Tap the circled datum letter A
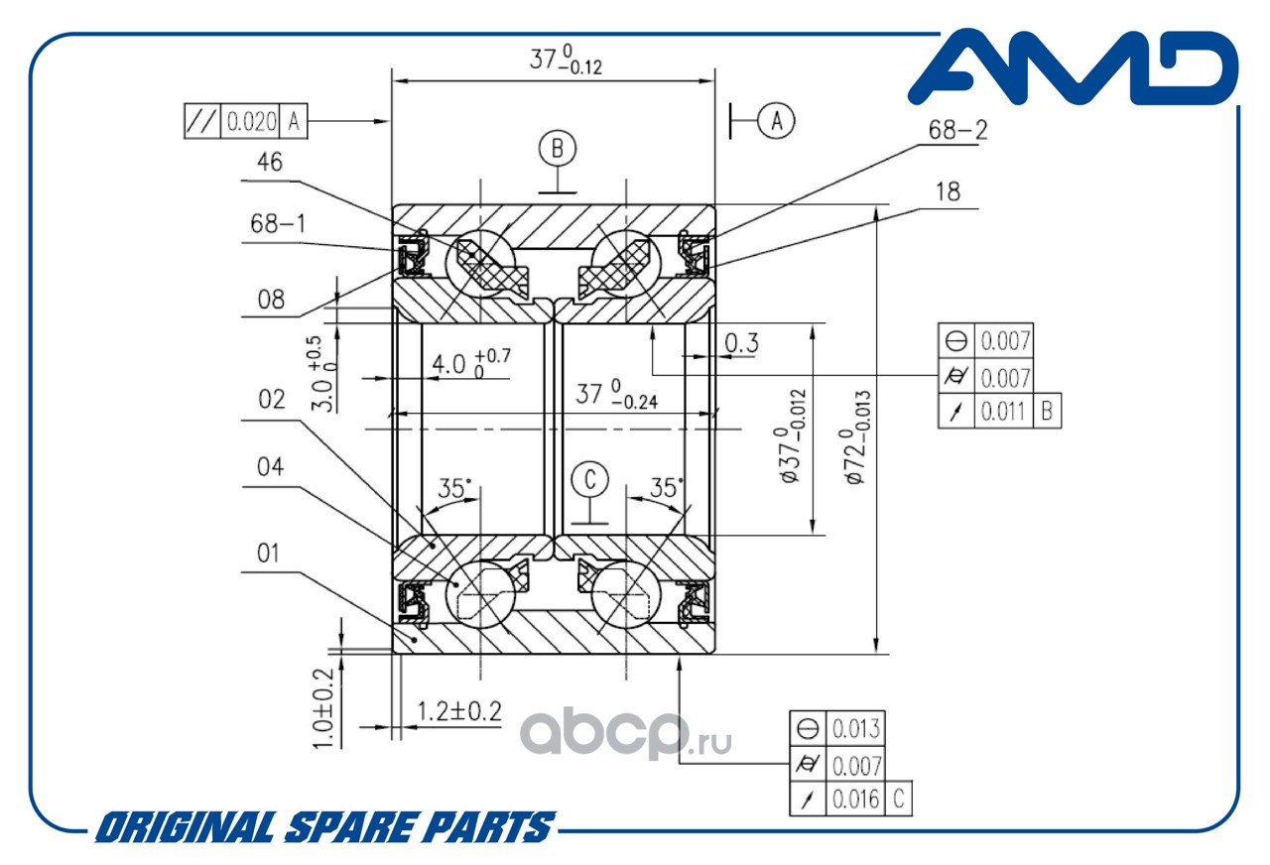[x=777, y=120]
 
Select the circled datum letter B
[x=558, y=149]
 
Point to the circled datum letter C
[x=590, y=481]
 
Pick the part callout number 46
[x=269, y=162]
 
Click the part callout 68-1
[x=277, y=224]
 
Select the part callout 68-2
[x=957, y=129]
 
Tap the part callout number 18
[x=948, y=192]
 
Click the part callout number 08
[x=270, y=298]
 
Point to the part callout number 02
[x=271, y=400]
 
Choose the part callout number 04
[x=270, y=467]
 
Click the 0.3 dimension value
[x=741, y=342]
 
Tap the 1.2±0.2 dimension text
[x=458, y=710]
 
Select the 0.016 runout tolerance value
[x=854, y=799]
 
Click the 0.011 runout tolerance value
[x=1005, y=411]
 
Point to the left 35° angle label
[x=454, y=489]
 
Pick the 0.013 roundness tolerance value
[x=854, y=728]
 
